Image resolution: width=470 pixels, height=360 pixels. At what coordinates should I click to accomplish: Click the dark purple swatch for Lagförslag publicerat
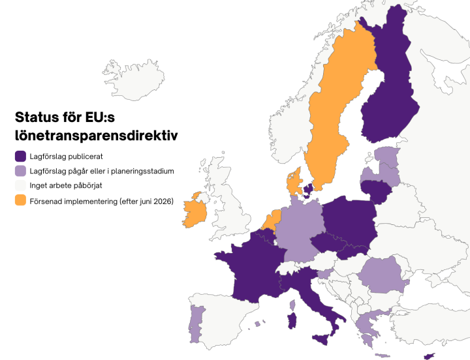pos(21,157)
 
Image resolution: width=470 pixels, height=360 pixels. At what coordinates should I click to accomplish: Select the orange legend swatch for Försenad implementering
pos(21,202)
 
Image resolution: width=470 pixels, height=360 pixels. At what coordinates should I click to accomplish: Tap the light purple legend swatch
pos(21,172)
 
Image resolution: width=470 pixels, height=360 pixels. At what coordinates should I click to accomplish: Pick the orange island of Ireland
pos(195,212)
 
